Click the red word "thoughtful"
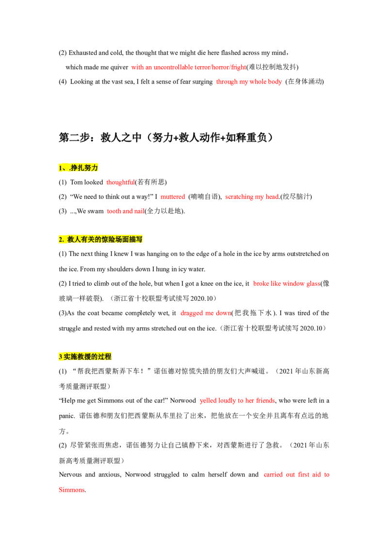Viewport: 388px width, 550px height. coord(120,182)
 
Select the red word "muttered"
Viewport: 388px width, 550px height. coord(173,197)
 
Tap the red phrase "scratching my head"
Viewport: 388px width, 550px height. coord(252,197)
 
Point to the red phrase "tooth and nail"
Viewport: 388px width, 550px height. coord(126,211)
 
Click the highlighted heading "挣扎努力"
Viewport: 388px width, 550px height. coord(84,168)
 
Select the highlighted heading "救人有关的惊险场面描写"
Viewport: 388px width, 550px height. coord(105,240)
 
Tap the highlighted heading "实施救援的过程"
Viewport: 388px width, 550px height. coord(87,357)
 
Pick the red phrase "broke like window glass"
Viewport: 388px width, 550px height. coord(287,283)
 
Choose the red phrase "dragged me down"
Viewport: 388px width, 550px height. coord(206,313)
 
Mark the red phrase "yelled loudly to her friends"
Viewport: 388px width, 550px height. coord(238,400)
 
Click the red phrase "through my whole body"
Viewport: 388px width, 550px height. coord(249,82)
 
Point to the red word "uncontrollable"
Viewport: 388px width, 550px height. coord(173,67)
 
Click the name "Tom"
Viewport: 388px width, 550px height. coord(76,182)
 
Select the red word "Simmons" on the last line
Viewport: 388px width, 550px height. coord(71,490)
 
